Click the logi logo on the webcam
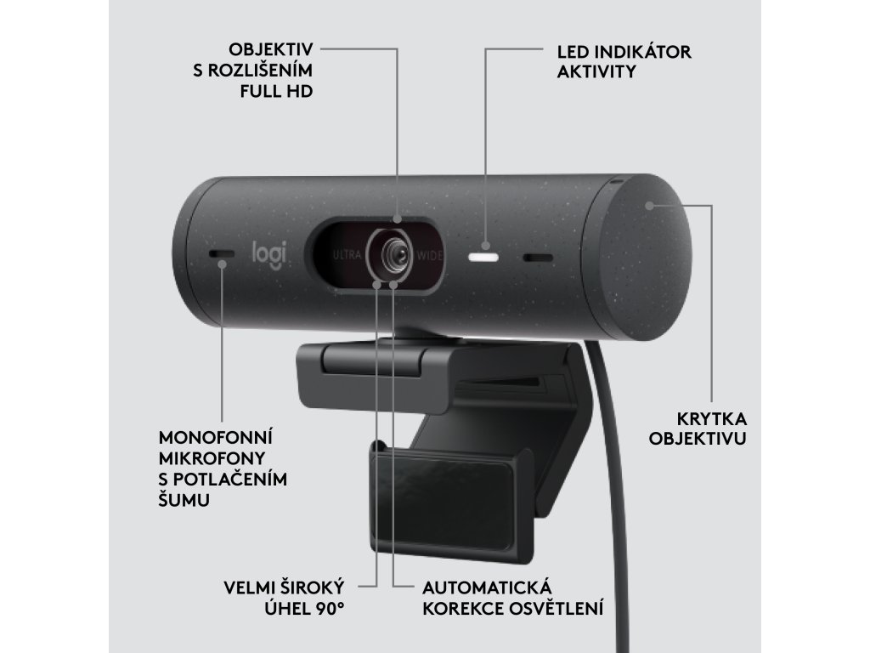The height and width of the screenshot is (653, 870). [x=268, y=254]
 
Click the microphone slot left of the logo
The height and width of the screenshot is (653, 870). [x=223, y=254]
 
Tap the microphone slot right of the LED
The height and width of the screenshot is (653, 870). [x=537, y=257]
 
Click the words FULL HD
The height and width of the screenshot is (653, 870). [x=277, y=91]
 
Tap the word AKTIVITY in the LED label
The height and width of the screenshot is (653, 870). [x=596, y=72]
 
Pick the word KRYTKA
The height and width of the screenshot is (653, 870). [x=711, y=418]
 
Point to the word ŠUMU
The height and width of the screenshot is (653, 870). [x=184, y=501]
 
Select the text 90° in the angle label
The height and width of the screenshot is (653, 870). [x=333, y=608]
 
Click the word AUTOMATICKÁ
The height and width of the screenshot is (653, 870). [x=487, y=588]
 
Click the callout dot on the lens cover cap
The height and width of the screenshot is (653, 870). [x=649, y=205]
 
